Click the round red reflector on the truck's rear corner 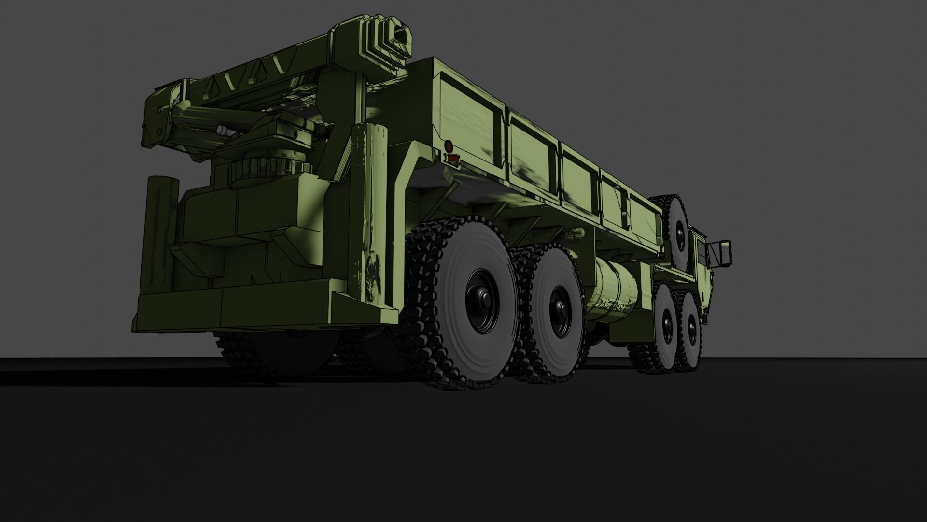click(x=448, y=145)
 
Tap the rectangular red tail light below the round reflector click(x=452, y=158)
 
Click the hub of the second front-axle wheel click(x=667, y=323)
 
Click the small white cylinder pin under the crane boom click(x=222, y=129)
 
